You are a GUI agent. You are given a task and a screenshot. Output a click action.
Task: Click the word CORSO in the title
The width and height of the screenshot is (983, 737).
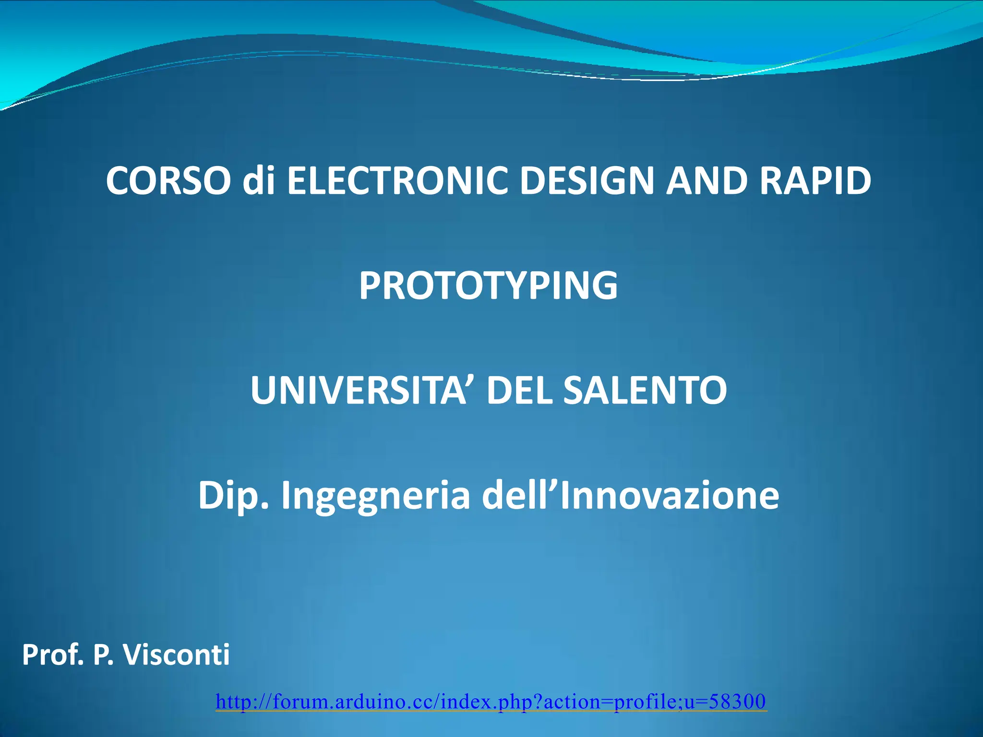pyautogui.click(x=168, y=181)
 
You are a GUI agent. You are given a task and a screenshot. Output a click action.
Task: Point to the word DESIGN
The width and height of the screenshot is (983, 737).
pyautogui.click(x=587, y=181)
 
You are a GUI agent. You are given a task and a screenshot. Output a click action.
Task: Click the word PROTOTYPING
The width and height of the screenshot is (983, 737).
pyautogui.click(x=488, y=286)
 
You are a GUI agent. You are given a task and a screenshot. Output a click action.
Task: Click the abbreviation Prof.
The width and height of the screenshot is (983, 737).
pyautogui.click(x=53, y=655)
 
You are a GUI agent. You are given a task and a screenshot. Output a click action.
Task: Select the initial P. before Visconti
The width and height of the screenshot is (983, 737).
pyautogui.click(x=103, y=655)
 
